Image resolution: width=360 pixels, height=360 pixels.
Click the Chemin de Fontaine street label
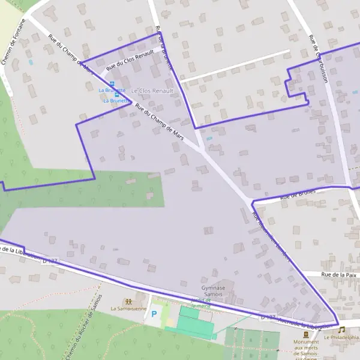pyautogui.click(x=14, y=41)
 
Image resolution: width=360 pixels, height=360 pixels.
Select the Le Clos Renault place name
pyautogui.click(x=152, y=91)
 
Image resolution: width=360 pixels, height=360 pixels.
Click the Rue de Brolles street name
pyautogui.click(x=298, y=194)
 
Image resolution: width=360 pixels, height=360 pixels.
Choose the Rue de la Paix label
pyautogui.click(x=338, y=274)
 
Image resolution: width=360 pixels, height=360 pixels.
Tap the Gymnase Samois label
pyautogui.click(x=213, y=291)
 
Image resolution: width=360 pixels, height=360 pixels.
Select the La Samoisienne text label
pyautogui.click(x=128, y=308)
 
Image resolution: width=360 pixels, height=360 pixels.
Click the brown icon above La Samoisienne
pyautogui.click(x=127, y=301)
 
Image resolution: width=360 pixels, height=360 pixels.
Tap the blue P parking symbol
pyautogui.click(x=154, y=313)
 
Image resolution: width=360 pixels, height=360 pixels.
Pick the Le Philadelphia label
pyautogui.click(x=341, y=337)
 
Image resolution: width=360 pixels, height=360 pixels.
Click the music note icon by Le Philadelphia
pyautogui.click(x=341, y=329)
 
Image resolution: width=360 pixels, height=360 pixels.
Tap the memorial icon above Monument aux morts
pyautogui.click(x=307, y=334)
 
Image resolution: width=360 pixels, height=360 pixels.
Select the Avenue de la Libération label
pyautogui.click(x=304, y=322)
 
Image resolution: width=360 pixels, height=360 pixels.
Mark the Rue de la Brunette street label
pyautogui.click(x=163, y=48)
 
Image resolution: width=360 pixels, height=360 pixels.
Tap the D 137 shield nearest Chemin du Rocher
pyautogui.click(x=50, y=261)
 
